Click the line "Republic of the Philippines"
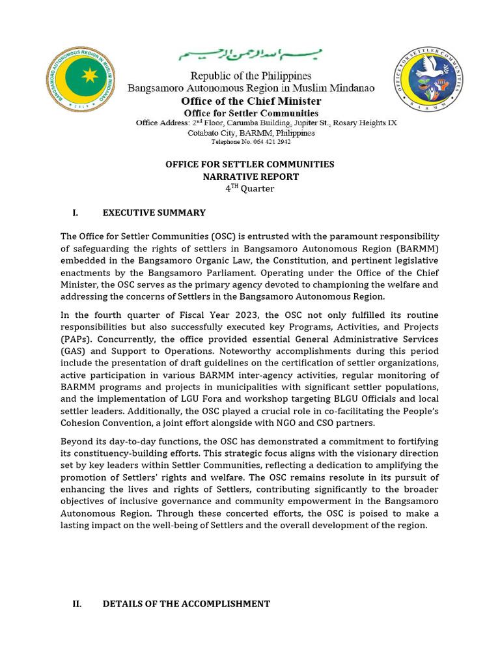point(251,76)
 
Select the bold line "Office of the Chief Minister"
point(251,101)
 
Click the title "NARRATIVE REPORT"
point(251,177)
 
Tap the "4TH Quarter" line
point(251,189)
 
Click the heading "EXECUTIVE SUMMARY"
point(154,212)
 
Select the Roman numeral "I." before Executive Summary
point(76,212)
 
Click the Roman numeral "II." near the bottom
point(77,604)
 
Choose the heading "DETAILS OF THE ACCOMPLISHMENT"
point(186,604)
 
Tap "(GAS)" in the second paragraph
point(75,352)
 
